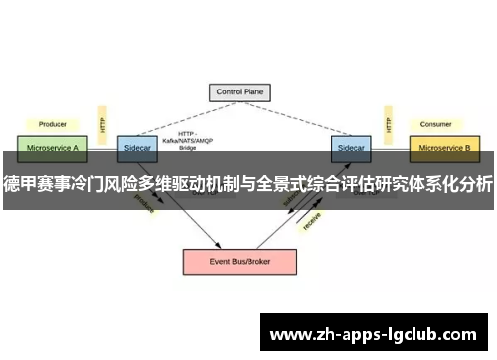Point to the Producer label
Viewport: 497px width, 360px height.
53,124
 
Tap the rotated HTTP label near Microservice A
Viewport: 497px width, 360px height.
101,125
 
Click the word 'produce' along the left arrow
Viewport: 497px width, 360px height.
146,204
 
